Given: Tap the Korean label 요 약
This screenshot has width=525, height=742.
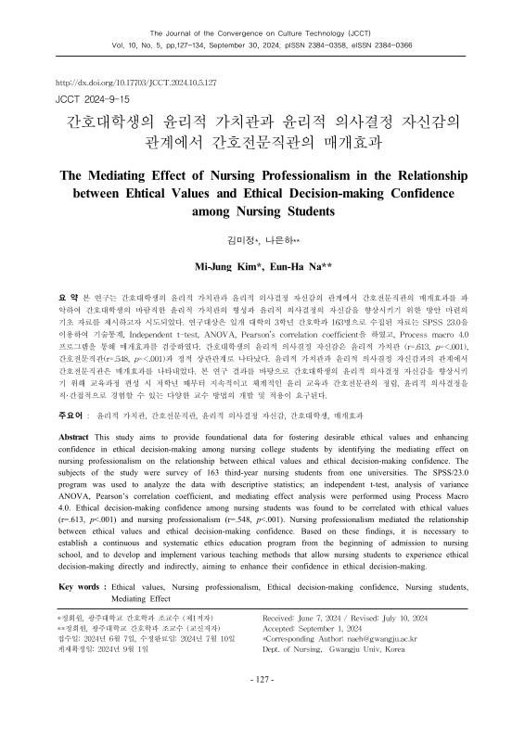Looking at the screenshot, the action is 68,294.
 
